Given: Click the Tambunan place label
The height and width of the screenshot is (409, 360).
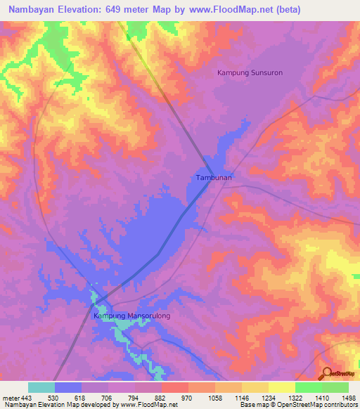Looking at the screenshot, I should pyautogui.click(x=210, y=178).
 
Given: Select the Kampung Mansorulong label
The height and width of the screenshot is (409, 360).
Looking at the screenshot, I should pyautogui.click(x=132, y=316).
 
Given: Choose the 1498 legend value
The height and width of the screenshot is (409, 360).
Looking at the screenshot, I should pyautogui.click(x=349, y=398).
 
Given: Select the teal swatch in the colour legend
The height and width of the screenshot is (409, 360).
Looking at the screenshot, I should pyautogui.click(x=41, y=387).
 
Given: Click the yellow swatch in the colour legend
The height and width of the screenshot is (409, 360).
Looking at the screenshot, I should pyautogui.click(x=282, y=387).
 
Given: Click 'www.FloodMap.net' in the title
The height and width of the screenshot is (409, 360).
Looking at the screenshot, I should pyautogui.click(x=224, y=10).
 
